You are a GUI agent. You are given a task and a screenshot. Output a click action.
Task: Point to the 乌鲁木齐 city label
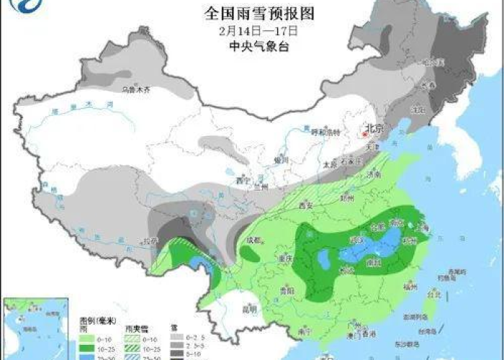136,90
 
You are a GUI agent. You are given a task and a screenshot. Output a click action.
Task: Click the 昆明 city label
249,310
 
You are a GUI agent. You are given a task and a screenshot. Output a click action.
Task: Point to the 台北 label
433,294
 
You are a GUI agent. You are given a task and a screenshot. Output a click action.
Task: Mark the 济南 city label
373,174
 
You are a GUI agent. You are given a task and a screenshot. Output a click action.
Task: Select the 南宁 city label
304,330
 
